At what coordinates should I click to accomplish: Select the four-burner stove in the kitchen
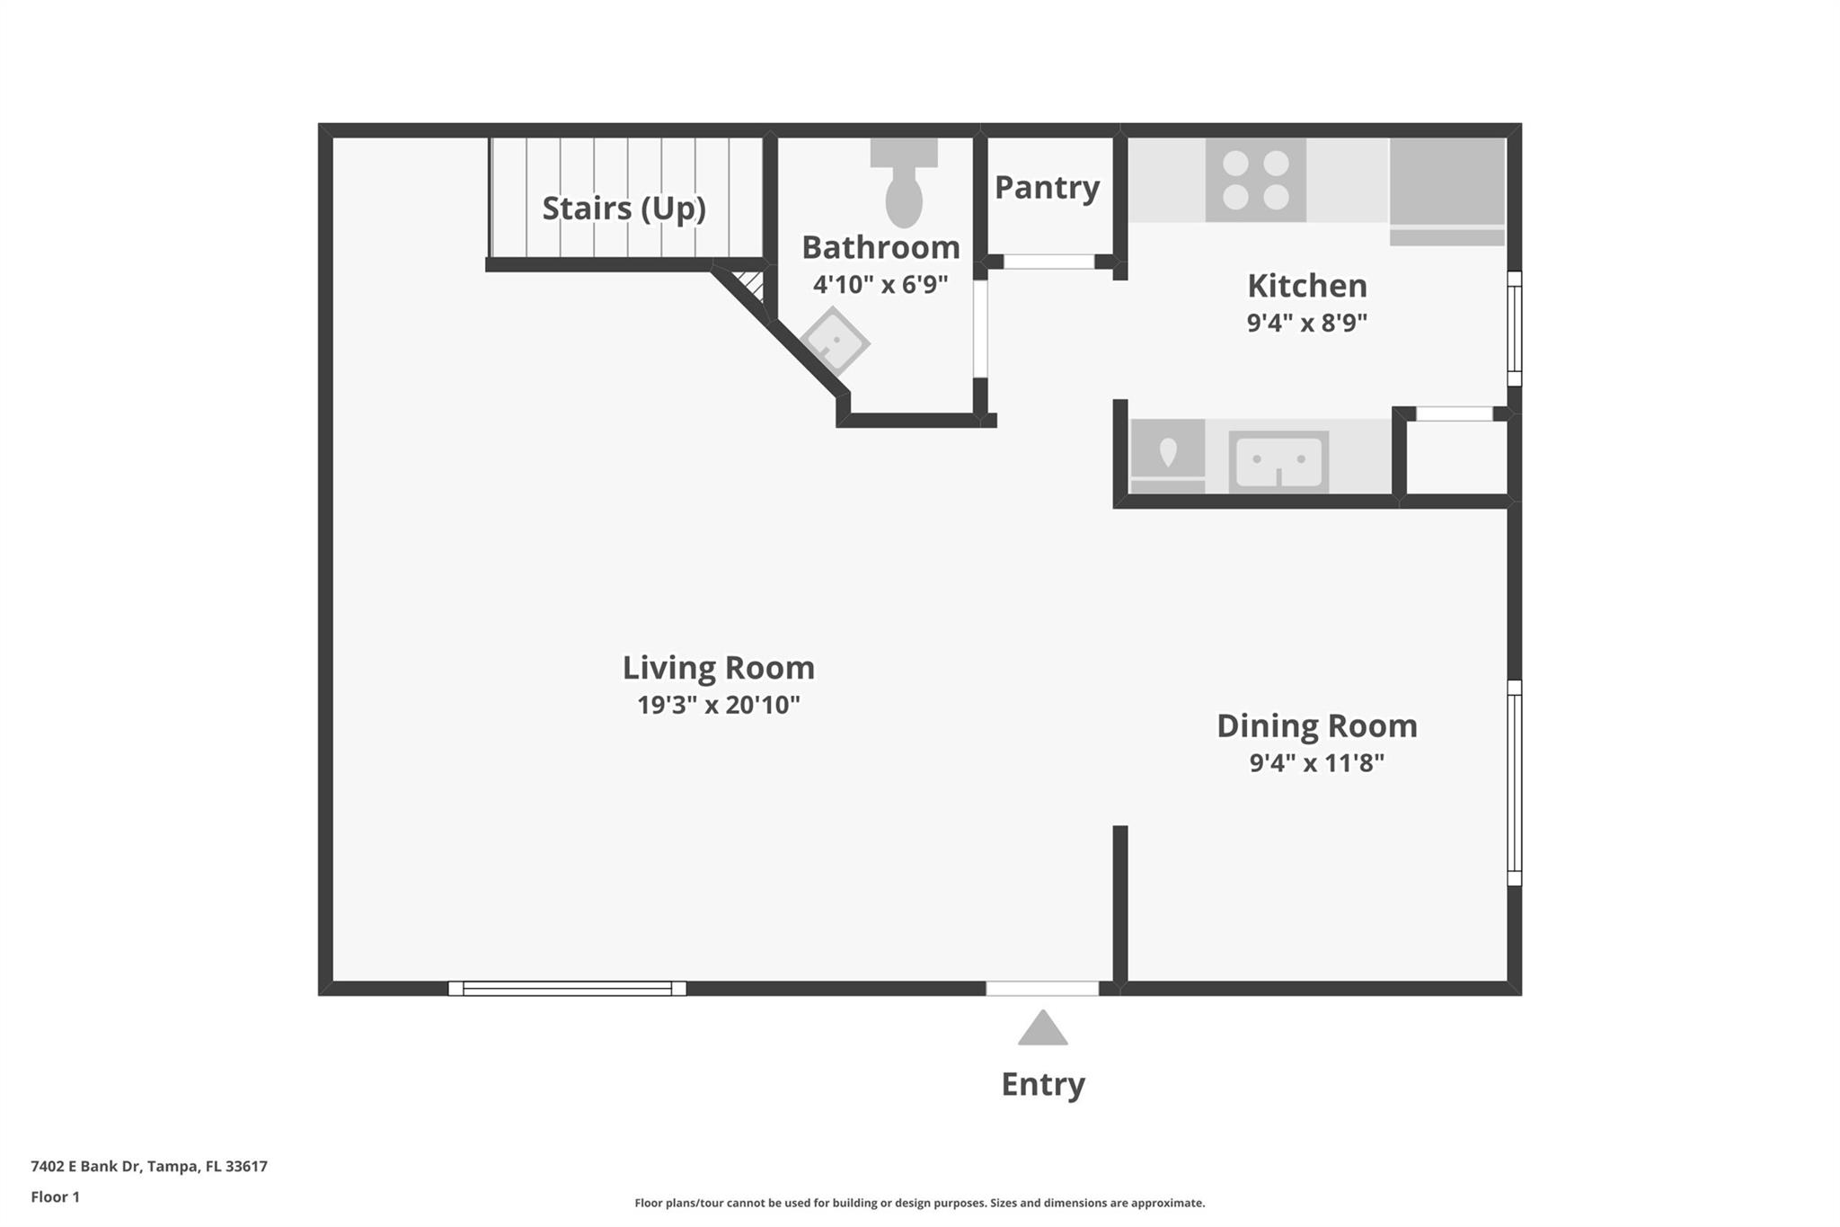(1255, 180)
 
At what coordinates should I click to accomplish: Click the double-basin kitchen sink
(1278, 461)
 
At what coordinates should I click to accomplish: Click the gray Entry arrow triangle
(1042, 1030)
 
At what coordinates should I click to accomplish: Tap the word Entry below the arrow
(1043, 1084)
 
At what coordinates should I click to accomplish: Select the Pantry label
(1047, 188)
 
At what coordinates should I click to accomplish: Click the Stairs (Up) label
(624, 209)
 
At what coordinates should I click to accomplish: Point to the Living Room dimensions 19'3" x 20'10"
(718, 705)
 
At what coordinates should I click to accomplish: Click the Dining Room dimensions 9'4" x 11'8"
(1316, 763)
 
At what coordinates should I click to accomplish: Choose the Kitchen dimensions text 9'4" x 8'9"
(1306, 323)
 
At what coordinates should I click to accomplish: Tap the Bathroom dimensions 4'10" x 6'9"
(880, 285)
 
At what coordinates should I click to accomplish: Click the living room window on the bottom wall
(567, 989)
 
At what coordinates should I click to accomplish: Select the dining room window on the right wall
(1514, 782)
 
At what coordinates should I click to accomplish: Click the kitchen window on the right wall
(1514, 328)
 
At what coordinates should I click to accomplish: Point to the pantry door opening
(1048, 262)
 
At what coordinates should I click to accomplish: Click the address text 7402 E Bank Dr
(149, 1167)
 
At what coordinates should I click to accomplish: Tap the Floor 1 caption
(56, 1197)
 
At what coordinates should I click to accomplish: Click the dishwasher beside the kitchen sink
(1167, 456)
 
